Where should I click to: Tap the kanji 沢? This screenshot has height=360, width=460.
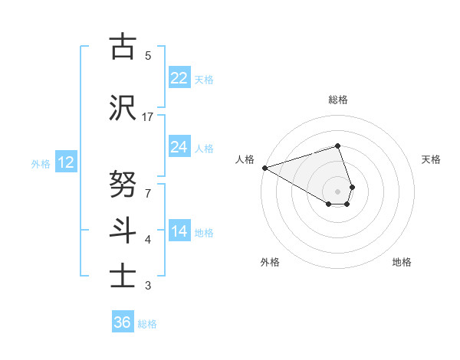coord(123,107)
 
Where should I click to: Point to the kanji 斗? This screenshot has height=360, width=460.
coord(123,228)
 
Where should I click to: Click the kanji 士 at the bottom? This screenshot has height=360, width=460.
coord(123,273)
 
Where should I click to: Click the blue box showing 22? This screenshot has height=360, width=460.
coord(179,78)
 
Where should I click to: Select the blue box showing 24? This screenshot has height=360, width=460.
coord(179,147)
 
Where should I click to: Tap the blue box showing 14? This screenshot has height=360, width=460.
coord(179,231)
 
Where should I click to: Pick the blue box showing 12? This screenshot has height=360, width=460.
coord(65,162)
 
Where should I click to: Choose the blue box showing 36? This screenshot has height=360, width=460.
coord(123,322)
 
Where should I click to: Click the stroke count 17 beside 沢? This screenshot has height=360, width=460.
coord(148,117)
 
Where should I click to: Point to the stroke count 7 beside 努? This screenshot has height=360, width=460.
coord(148,186)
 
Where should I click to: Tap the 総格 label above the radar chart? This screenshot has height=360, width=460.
coord(338,100)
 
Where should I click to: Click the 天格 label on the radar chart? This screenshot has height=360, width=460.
coord(432,159)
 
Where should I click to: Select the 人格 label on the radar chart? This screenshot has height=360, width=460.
coord(245,159)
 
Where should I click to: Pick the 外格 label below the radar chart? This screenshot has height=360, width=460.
coord(270,262)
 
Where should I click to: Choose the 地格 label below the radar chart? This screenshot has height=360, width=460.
coord(402,262)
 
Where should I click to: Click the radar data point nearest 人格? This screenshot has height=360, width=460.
coord(264,168)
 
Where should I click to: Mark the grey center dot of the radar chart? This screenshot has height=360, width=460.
coord(337,191)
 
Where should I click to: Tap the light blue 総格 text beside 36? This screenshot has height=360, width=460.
coord(147,324)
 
